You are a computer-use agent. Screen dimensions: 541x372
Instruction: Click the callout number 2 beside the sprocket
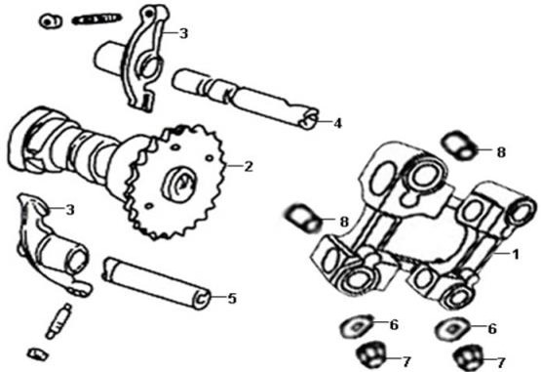click(x=249, y=167)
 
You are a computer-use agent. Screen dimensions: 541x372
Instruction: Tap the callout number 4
click(x=337, y=123)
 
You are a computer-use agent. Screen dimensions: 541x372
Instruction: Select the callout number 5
click(x=232, y=299)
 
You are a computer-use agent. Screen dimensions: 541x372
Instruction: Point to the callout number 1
click(x=516, y=255)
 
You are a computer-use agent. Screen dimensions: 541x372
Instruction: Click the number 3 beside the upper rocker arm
click(x=183, y=33)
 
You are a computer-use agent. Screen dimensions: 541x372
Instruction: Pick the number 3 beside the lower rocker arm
click(x=70, y=210)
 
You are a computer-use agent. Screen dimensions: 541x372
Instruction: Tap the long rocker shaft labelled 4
click(x=246, y=99)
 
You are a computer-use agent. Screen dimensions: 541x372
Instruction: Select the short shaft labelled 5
click(x=157, y=282)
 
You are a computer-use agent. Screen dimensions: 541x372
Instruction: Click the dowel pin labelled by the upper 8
click(x=459, y=145)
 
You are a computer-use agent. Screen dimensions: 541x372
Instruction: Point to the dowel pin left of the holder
click(x=303, y=218)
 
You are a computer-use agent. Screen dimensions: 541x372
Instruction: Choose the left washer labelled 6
click(x=357, y=326)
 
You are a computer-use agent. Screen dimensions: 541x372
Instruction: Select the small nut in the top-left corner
click(x=51, y=21)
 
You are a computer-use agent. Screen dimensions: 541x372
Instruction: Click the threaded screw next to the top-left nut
click(x=97, y=19)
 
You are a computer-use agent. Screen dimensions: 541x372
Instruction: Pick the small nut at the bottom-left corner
click(x=38, y=354)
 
